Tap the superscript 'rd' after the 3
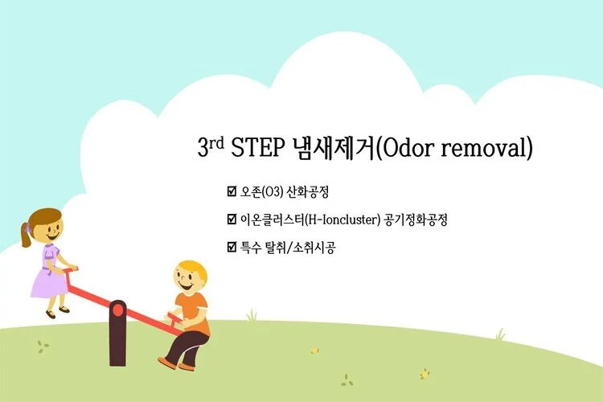click(216, 142)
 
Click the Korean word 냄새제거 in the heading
click(337, 149)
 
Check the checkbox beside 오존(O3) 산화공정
click(232, 192)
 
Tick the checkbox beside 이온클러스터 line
click(232, 219)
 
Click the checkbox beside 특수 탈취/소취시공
click(232, 247)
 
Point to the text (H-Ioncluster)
click(343, 219)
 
